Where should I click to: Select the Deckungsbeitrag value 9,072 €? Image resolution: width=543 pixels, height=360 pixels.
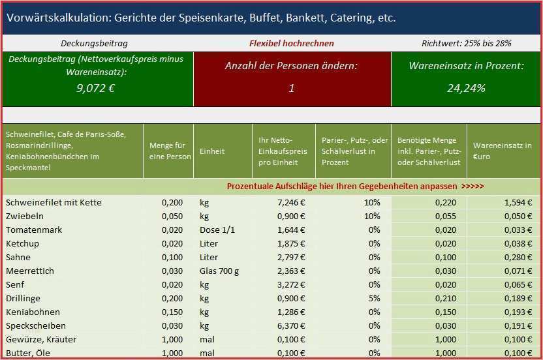(95, 88)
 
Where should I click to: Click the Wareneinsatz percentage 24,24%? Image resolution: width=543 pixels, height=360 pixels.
(466, 88)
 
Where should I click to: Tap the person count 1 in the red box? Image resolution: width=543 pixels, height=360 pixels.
(291, 88)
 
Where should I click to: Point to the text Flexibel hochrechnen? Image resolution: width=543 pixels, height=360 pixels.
(291, 44)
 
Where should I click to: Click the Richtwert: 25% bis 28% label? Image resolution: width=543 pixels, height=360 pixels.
(466, 44)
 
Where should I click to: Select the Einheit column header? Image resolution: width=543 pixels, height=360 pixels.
(212, 151)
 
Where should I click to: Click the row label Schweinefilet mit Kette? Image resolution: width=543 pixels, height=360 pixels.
(54, 203)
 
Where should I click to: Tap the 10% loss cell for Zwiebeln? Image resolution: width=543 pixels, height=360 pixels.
(372, 217)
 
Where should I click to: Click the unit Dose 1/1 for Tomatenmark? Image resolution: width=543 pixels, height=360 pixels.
(217, 230)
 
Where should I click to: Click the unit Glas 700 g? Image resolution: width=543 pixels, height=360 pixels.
(219, 271)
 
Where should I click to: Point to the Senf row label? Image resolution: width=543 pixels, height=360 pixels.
(15, 285)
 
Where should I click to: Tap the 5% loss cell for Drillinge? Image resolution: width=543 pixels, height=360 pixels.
(374, 299)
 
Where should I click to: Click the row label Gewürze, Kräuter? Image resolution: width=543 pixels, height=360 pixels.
(41, 340)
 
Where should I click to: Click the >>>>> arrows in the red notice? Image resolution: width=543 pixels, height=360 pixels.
(472, 187)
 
